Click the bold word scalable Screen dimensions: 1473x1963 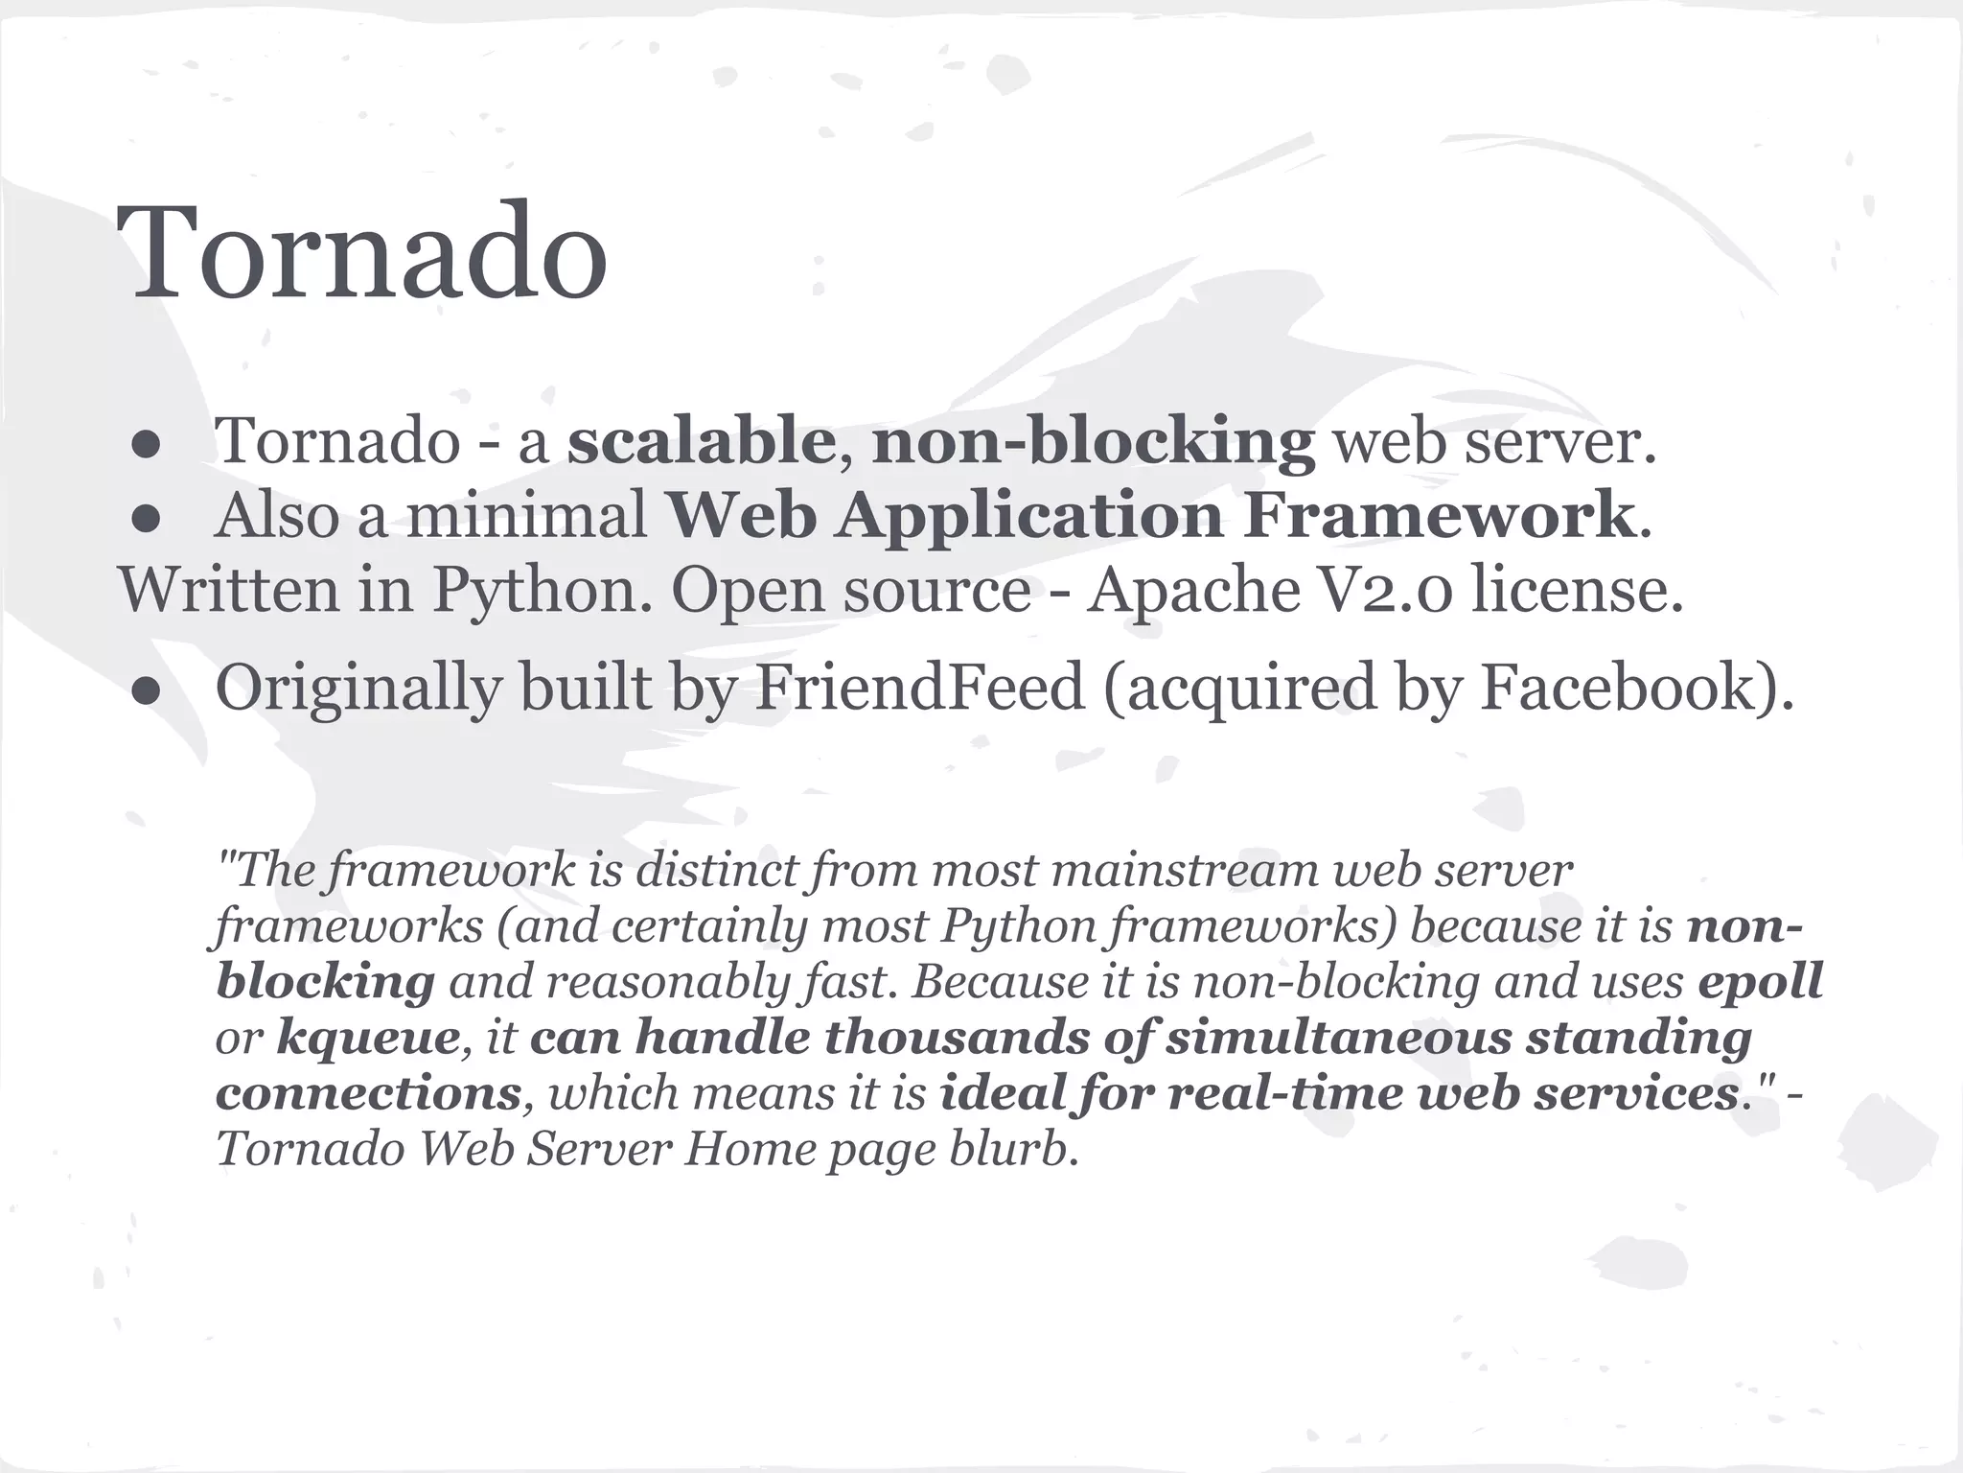point(701,441)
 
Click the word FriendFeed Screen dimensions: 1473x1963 point(919,687)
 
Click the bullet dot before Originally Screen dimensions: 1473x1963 point(146,690)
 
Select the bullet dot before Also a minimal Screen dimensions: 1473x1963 point(146,519)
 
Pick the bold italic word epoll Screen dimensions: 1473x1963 point(1759,982)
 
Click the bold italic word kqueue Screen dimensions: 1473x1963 point(368,1038)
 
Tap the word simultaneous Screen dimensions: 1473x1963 point(1337,1038)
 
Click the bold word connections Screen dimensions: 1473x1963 point(369,1093)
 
